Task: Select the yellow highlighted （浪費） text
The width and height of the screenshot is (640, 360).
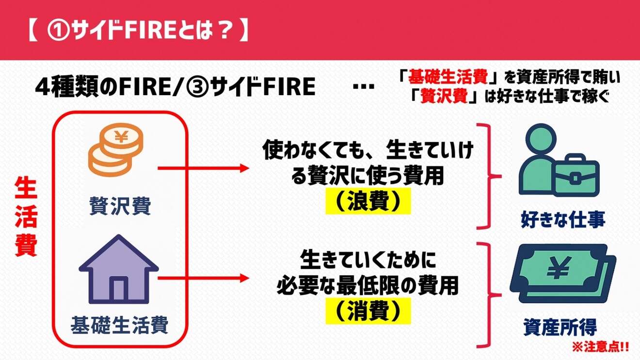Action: (368, 202)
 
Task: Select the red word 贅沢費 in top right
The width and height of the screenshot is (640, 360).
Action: (444, 96)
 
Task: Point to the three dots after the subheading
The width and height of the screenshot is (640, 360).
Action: (364, 87)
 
